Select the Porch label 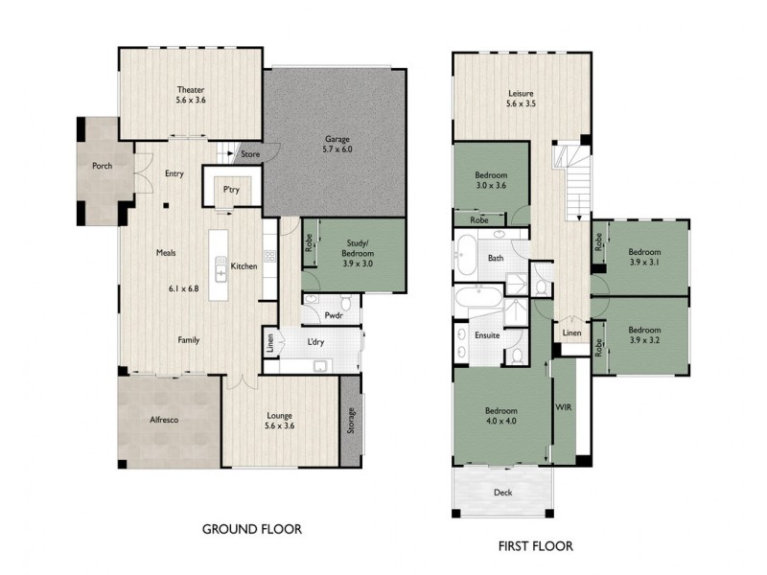point(102,166)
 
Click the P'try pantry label point(230,190)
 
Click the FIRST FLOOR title point(535,546)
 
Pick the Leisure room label point(521,99)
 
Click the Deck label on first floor point(503,493)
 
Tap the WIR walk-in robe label point(563,406)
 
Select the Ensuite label point(486,335)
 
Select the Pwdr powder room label point(334,313)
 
